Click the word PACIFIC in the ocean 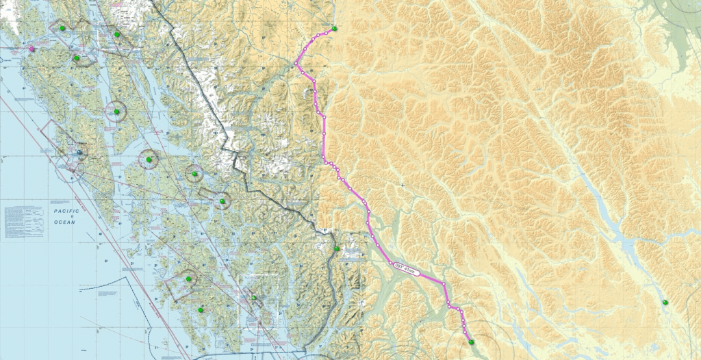pos(66,211)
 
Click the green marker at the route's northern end pos(335,29)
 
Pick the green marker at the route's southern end pos(471,342)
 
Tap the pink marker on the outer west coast pos(31,49)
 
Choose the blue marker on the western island pos(79,152)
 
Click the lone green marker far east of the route pos(665,302)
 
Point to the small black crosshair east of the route pos(403,185)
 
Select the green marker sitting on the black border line pos(337,248)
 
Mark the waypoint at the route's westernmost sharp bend pos(297,64)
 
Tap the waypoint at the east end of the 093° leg pos(444,283)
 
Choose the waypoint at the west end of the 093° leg pos(391,263)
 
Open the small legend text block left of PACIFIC pos(24,221)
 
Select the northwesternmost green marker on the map pos(62,28)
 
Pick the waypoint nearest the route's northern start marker pos(319,34)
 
